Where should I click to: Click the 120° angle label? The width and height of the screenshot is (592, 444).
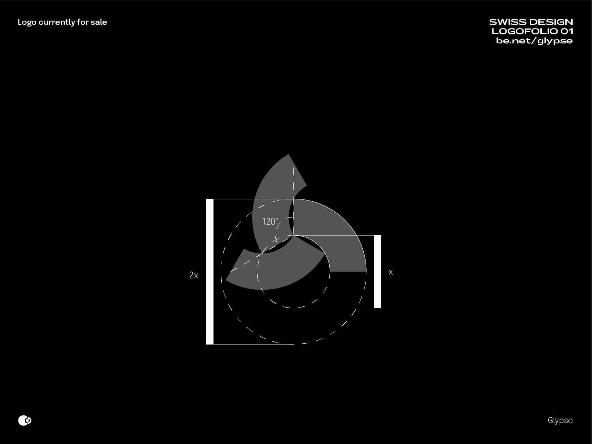point(270,222)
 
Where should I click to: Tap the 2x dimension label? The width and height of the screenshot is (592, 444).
point(194,275)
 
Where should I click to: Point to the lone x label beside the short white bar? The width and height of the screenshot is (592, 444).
point(390,272)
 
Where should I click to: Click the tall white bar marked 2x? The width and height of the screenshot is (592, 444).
point(209,272)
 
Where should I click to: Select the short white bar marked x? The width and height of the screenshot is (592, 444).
point(377,272)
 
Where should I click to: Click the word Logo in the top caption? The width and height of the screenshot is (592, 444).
point(27,22)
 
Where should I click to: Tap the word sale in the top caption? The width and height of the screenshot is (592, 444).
point(99,22)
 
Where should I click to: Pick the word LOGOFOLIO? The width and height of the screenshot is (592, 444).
point(524,31)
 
